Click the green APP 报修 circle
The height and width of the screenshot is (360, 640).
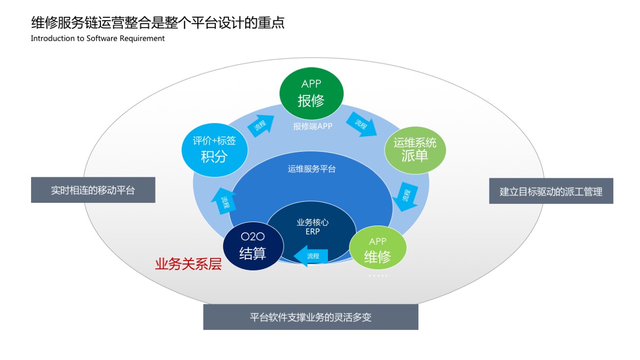tap(311, 93)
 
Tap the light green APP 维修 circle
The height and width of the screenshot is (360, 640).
tap(378, 249)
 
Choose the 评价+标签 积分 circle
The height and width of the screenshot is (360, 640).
tap(214, 149)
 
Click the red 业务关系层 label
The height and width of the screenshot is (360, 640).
tap(189, 264)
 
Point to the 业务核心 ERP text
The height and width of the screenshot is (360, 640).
tap(313, 227)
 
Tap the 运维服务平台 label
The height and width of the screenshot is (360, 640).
tap(312, 169)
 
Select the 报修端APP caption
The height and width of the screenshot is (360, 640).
tap(313, 126)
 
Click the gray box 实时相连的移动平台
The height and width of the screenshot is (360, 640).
tap(93, 190)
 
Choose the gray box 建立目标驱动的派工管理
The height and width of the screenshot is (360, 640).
tap(551, 191)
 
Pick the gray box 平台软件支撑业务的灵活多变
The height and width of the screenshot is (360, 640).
tap(311, 317)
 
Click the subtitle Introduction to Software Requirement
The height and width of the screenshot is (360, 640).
tap(97, 38)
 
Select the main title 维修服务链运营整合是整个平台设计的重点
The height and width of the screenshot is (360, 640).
tap(158, 23)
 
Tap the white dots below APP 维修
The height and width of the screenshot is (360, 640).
tap(378, 276)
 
